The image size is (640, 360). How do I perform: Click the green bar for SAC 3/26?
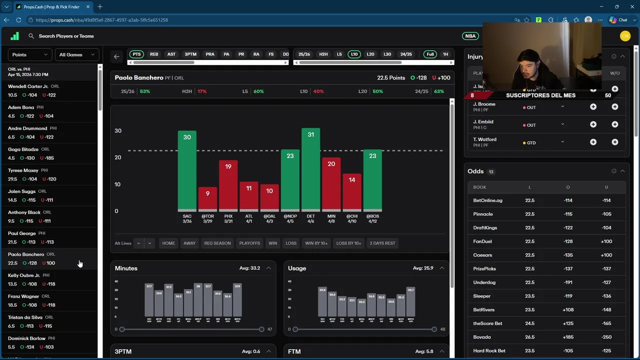(x=187, y=170)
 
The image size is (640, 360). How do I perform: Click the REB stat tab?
(x=154, y=54)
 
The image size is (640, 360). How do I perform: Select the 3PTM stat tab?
(x=190, y=54)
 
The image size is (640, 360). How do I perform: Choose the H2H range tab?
(x=323, y=54)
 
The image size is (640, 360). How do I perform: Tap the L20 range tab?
(x=370, y=54)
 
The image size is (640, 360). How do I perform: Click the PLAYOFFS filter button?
(x=249, y=243)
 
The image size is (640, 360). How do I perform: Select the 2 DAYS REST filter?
(x=382, y=243)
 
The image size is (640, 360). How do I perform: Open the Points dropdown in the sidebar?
(x=29, y=54)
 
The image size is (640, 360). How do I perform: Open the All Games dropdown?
(x=76, y=54)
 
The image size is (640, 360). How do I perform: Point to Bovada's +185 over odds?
(x=568, y=337)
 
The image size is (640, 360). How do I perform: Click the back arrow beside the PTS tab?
(x=116, y=56)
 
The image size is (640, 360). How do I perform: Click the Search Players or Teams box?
(x=66, y=36)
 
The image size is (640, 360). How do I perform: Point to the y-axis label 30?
(x=118, y=131)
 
